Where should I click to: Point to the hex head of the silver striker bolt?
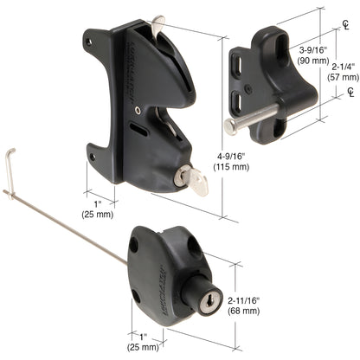(229, 126)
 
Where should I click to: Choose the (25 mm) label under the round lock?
(142, 347)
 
